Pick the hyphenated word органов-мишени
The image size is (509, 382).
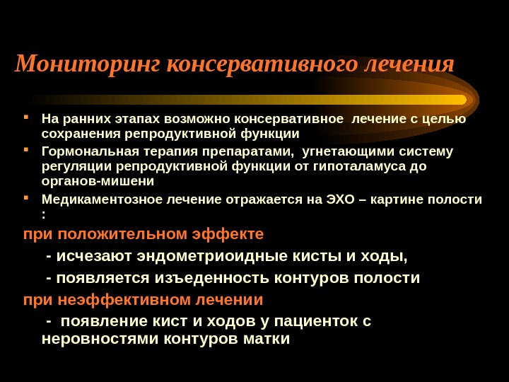click(98, 181)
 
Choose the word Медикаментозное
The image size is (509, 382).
click(101, 199)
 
